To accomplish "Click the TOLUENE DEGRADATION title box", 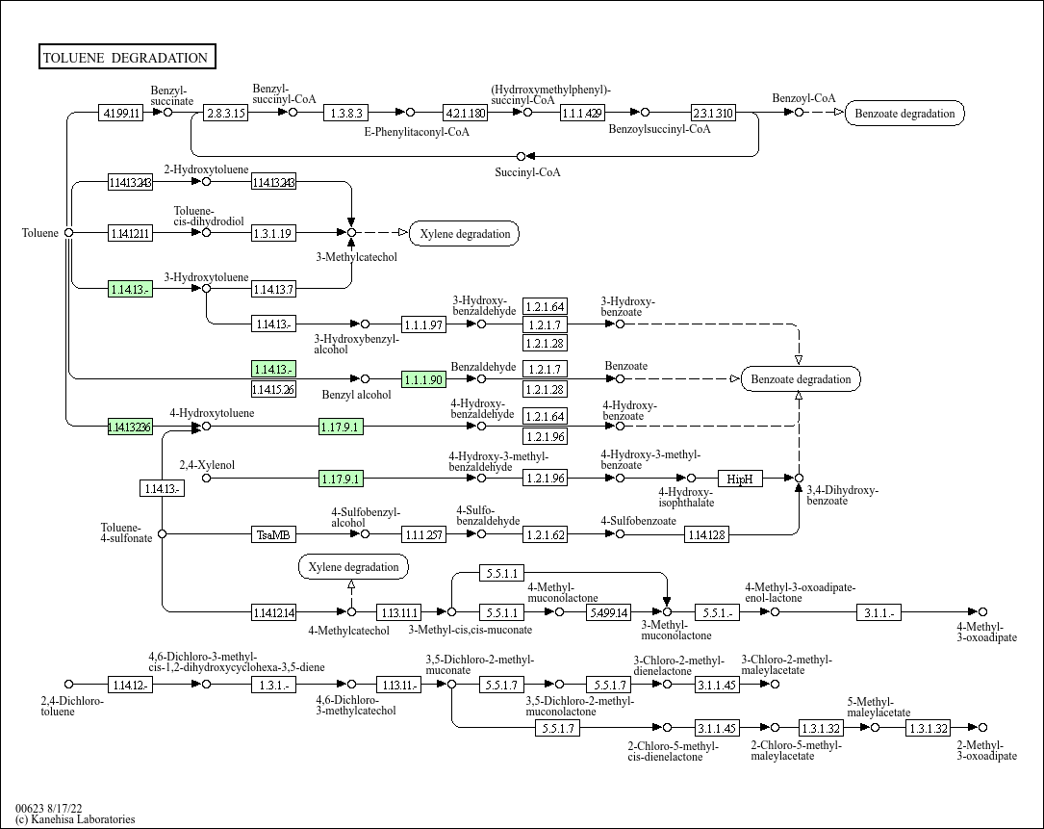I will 127,58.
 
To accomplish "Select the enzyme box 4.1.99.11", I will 121,113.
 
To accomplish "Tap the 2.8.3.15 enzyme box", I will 227,113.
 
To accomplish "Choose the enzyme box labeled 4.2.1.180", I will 466,113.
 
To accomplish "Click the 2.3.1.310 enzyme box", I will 714,113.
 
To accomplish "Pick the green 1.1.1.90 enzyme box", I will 423,379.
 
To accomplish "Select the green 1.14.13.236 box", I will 130,427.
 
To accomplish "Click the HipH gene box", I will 740,479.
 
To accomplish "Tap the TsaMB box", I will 273,534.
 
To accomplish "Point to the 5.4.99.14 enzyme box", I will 609,612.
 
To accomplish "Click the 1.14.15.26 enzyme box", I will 273,390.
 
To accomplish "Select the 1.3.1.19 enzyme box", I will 273,233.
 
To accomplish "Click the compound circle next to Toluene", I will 68,232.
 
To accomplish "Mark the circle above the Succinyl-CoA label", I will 522,156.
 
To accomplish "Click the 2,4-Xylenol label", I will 207,465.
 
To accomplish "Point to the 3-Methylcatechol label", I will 356,257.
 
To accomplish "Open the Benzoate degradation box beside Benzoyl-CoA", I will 904,113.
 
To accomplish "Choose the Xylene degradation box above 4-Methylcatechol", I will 353,567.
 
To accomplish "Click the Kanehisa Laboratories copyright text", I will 75,819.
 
